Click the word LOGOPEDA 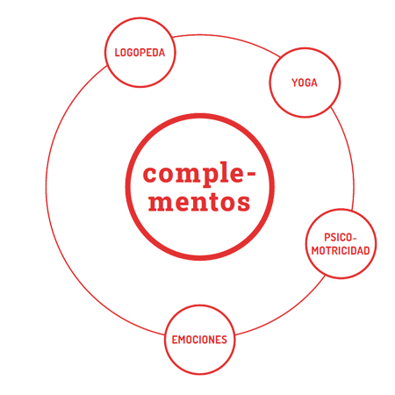[x=140, y=53]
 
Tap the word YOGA [x=305, y=83]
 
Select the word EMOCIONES [x=199, y=340]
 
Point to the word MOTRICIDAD [x=341, y=251]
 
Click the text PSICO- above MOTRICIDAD [x=341, y=237]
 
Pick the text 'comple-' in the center [x=199, y=175]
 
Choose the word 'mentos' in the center [x=199, y=202]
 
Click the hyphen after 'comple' [x=251, y=174]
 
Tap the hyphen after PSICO [x=355, y=239]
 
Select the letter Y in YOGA [x=294, y=83]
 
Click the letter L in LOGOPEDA [x=117, y=53]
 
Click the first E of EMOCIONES [x=175, y=340]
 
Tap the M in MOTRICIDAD [x=315, y=251]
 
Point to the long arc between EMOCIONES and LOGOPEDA [x=46, y=187]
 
